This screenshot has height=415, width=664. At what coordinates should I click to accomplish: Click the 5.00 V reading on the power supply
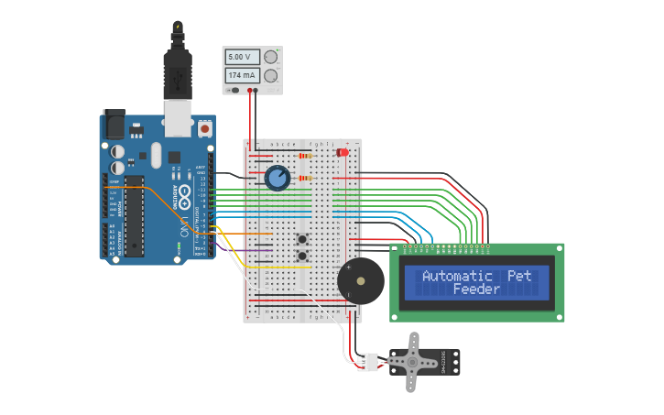[x=242, y=57]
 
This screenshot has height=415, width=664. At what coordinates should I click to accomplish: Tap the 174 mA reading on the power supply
[x=242, y=75]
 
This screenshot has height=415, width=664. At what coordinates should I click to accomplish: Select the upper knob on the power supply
[x=270, y=57]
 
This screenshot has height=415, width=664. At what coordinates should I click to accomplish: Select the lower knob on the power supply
[x=270, y=75]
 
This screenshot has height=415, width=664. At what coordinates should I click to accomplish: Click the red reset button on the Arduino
[x=203, y=130]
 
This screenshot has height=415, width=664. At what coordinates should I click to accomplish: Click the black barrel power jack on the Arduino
[x=114, y=123]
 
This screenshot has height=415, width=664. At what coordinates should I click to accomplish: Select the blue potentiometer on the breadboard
[x=278, y=178]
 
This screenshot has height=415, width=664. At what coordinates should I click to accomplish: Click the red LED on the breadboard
[x=343, y=151]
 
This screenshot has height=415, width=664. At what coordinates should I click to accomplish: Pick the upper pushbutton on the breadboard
[x=301, y=238]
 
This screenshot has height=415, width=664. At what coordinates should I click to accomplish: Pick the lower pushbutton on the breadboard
[x=301, y=254]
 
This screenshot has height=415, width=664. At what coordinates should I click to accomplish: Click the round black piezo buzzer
[x=360, y=280]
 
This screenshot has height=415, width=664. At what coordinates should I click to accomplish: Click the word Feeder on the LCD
[x=476, y=289]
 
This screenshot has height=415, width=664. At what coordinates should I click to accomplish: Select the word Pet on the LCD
[x=519, y=276]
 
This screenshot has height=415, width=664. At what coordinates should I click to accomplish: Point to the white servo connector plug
[x=368, y=363]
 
